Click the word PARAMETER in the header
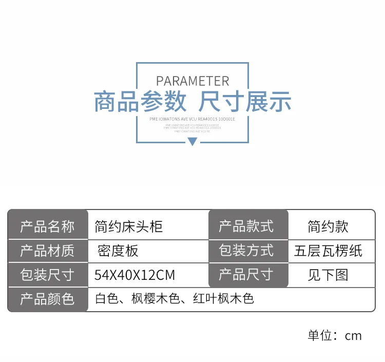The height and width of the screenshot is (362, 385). (192, 81)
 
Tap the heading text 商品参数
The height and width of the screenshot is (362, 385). (140, 102)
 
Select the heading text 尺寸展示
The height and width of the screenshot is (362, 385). (245, 102)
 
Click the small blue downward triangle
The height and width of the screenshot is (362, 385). (192, 141)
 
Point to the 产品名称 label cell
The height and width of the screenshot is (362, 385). (47, 226)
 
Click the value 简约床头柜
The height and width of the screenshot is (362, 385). (129, 226)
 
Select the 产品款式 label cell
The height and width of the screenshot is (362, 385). (246, 226)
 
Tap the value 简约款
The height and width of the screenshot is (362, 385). (328, 226)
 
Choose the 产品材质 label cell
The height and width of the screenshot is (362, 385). (47, 251)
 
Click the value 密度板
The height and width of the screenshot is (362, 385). (118, 251)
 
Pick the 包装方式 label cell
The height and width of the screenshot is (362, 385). (246, 251)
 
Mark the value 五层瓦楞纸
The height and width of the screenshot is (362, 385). (328, 251)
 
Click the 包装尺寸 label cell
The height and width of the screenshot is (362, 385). (47, 275)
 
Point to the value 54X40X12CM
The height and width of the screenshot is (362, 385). (134, 275)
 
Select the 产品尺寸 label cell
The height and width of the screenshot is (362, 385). (246, 274)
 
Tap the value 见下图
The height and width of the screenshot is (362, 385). (328, 275)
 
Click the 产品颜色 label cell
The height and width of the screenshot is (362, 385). (47, 299)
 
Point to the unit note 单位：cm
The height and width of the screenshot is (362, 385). (335, 336)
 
